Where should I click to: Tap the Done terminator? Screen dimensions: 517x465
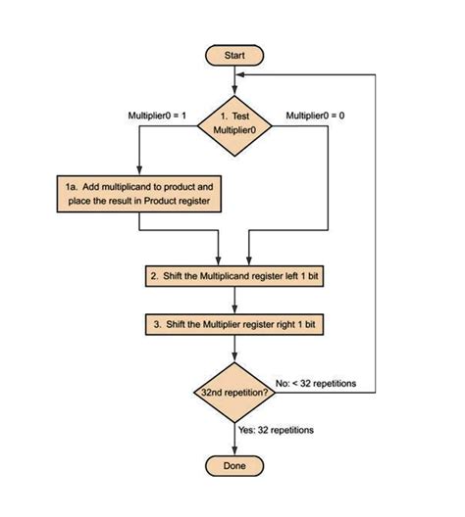(233, 465)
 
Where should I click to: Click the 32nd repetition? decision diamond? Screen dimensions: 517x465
(233, 392)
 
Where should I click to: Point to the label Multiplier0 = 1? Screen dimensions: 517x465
(157, 116)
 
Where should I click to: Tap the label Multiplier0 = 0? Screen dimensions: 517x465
(315, 116)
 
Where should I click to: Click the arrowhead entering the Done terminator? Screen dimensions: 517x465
(233, 450)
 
